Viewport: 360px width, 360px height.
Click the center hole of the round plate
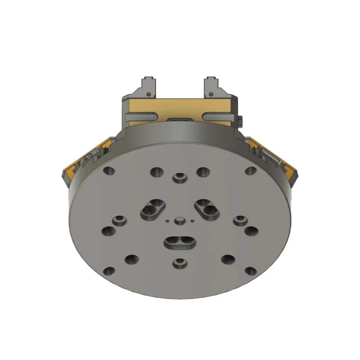point(180,220)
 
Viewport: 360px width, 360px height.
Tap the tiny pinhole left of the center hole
point(167,221)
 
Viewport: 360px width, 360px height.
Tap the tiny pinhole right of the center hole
point(192,221)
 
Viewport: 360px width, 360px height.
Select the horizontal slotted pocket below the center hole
point(180,242)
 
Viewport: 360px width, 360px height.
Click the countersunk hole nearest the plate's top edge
point(180,178)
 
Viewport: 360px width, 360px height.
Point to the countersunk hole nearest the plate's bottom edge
point(180,263)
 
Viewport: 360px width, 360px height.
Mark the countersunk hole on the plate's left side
point(120,220)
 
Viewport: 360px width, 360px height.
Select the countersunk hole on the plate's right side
point(240,220)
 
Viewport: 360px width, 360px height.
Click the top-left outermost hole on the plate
point(108,171)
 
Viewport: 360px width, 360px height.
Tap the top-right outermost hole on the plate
point(251,171)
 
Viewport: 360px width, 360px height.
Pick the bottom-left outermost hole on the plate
point(109,271)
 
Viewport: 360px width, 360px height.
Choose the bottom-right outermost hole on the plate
point(250,271)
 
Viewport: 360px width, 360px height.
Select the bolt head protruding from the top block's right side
point(241,121)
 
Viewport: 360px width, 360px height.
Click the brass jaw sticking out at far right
point(292,171)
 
